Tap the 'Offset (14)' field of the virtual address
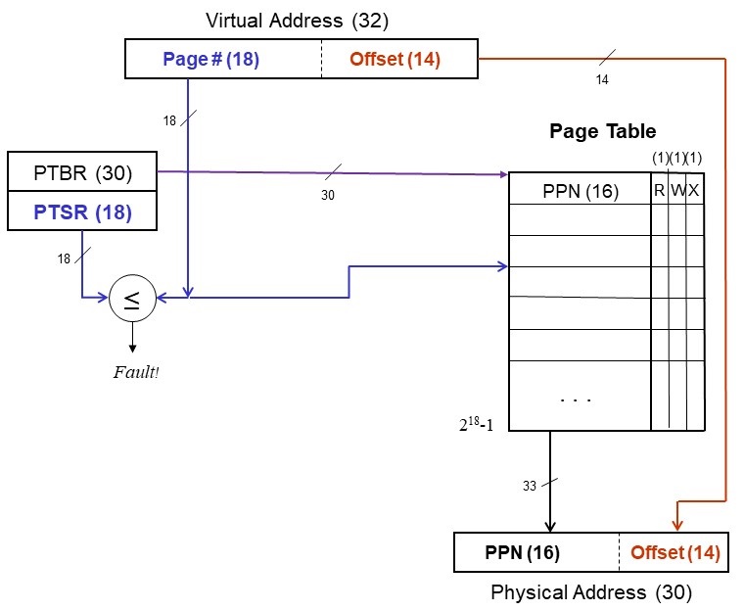pyautogui.click(x=395, y=59)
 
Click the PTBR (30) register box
pyautogui.click(x=82, y=175)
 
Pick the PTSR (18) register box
pyautogui.click(x=82, y=211)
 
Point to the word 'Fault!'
pyautogui.click(x=134, y=372)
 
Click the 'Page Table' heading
pyautogui.click(x=602, y=131)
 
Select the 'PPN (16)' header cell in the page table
pyautogui.click(x=580, y=191)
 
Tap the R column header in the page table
pyautogui.click(x=660, y=191)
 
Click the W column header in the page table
pyautogui.click(x=677, y=191)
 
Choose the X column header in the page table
pyautogui.click(x=694, y=191)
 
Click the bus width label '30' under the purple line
pyautogui.click(x=328, y=196)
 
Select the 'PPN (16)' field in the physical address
pyautogui.click(x=522, y=552)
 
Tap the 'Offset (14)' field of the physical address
pyautogui.click(x=674, y=552)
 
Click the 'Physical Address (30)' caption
pyautogui.click(x=591, y=591)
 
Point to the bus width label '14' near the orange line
pyautogui.click(x=602, y=80)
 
